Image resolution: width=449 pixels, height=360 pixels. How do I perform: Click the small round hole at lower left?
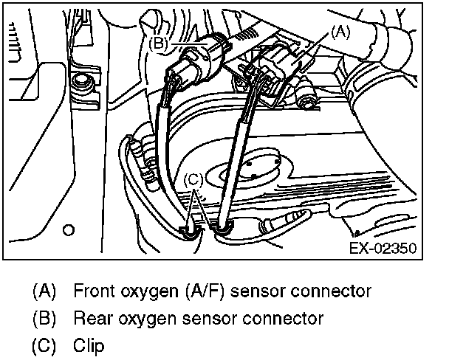(69, 230)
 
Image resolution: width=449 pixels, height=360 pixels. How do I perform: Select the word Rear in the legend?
(89, 318)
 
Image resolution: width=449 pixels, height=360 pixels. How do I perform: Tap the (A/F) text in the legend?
(205, 291)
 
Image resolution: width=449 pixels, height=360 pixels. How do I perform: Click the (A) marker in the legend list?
(44, 291)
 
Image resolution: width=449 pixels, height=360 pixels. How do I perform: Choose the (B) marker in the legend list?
(44, 318)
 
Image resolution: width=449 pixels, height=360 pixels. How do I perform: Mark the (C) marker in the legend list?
(44, 345)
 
